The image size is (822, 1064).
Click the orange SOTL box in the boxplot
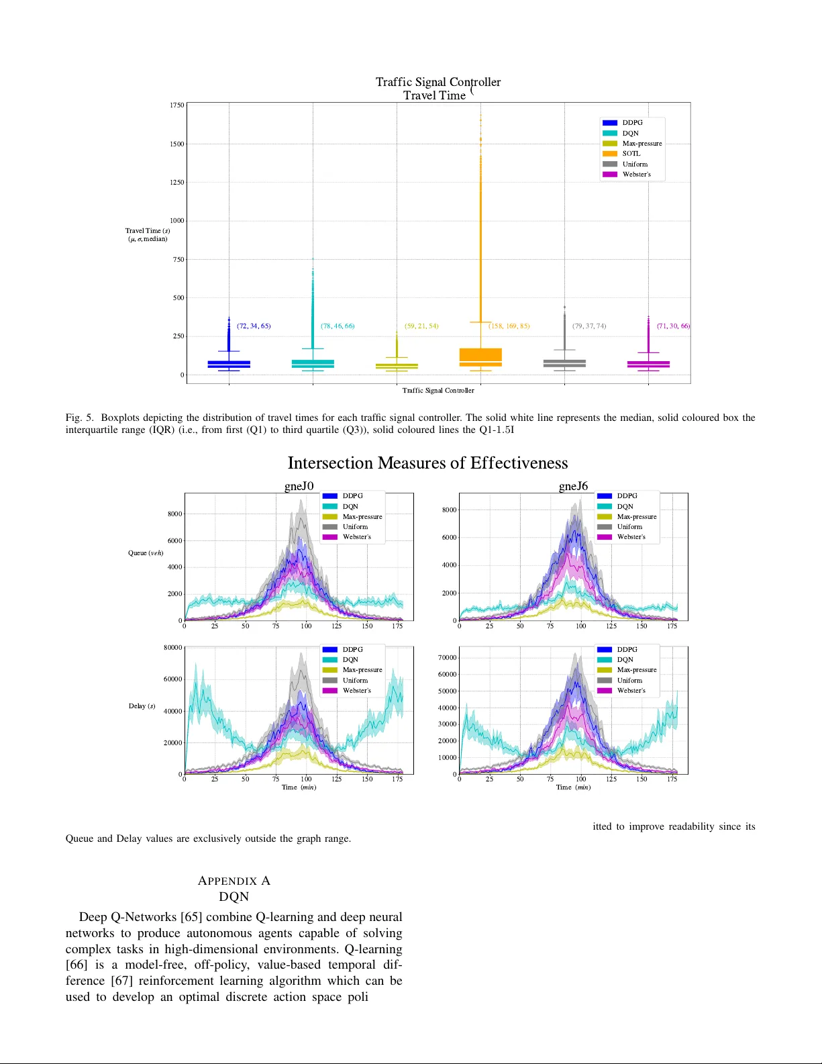(480, 356)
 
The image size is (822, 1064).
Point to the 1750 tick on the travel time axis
(176, 105)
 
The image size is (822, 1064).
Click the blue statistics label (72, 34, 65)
(254, 326)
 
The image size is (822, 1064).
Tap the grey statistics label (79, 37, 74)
(588, 326)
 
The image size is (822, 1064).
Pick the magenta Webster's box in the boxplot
(648, 365)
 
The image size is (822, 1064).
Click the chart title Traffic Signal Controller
(438, 82)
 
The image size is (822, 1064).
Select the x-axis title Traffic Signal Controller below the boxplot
(438, 391)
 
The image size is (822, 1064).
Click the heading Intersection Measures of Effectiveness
(427, 463)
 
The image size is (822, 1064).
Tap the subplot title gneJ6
(573, 486)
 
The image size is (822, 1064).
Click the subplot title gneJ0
(299, 486)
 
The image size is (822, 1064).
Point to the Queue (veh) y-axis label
(146, 553)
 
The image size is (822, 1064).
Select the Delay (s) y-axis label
(142, 706)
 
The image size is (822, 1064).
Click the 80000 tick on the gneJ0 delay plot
(172, 648)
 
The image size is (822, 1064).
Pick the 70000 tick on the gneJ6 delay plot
(447, 658)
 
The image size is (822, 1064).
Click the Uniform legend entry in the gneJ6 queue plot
(629, 527)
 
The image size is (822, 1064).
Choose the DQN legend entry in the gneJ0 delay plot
(350, 660)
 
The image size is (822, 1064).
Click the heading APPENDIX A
(234, 881)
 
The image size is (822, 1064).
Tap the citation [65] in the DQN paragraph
(191, 917)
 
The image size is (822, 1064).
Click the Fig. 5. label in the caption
(79, 418)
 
